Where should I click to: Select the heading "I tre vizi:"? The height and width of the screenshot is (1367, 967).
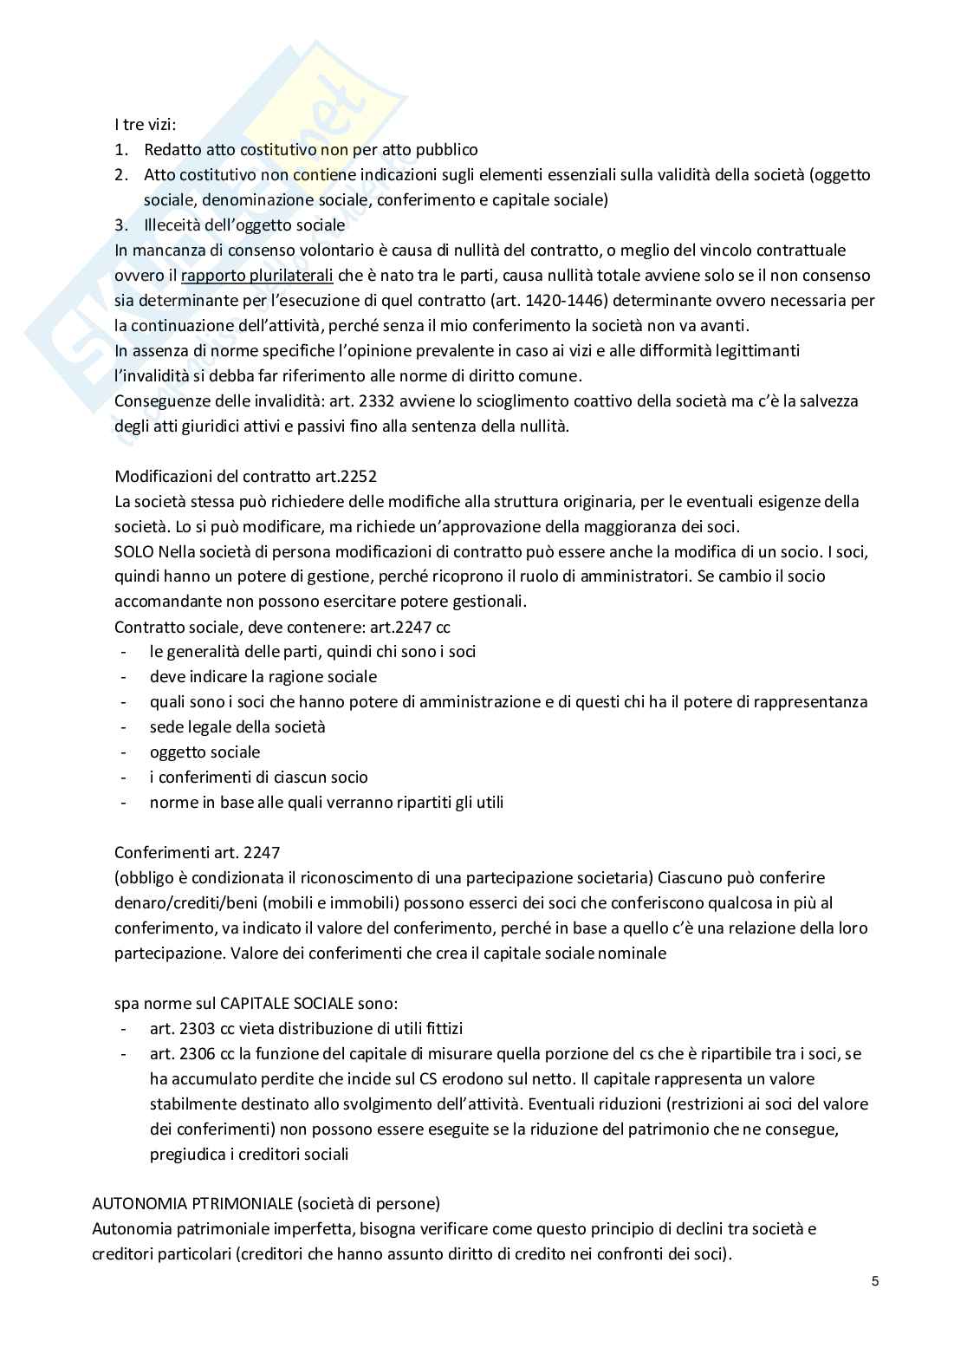coord(146,125)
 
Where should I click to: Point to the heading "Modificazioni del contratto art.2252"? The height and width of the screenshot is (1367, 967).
coord(245,476)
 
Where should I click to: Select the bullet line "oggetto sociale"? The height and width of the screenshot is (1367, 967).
coord(204,752)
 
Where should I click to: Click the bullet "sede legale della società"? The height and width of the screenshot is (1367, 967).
coord(237,726)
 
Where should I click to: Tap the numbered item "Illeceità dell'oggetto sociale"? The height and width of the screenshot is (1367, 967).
coord(244,225)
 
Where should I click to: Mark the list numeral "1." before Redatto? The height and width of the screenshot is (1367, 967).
coord(122,150)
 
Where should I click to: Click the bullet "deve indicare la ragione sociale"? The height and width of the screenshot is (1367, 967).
coord(263,676)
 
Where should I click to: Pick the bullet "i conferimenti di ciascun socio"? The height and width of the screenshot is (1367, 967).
coord(258,777)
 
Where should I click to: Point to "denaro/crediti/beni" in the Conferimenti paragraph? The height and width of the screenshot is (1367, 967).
coord(180,902)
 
